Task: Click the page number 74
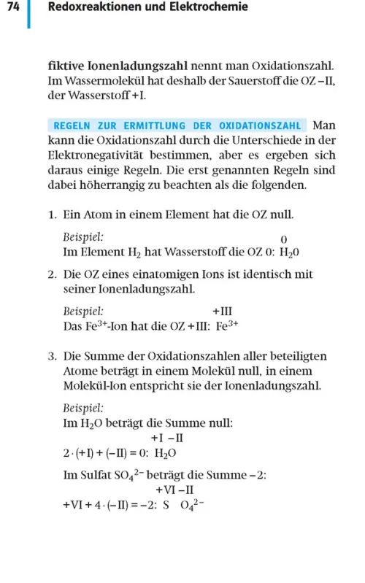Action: (x=12, y=7)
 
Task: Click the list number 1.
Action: (x=53, y=215)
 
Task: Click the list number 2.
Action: (x=53, y=275)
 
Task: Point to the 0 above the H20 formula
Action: (x=284, y=239)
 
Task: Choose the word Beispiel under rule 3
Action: (x=83, y=408)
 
